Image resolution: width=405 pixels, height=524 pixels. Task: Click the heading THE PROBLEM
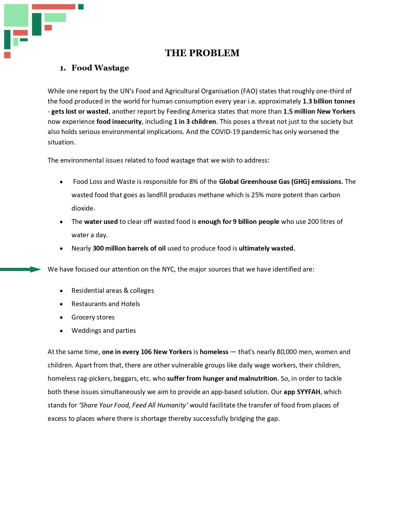coord(202,53)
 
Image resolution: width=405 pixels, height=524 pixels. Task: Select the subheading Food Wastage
coord(100,68)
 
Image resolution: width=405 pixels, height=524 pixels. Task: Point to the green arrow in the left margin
coord(21,270)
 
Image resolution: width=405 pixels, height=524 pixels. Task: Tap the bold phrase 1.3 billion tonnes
coord(329,101)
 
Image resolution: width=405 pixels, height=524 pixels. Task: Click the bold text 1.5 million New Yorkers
coord(319,111)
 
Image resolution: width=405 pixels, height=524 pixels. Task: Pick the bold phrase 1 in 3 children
coord(195,122)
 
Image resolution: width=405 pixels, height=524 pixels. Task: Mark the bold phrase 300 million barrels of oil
coord(129,248)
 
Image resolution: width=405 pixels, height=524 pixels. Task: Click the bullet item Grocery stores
coord(93,317)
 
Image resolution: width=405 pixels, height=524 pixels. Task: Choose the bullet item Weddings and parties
coord(104,331)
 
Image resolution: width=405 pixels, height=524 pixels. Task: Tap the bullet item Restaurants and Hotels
coord(106,304)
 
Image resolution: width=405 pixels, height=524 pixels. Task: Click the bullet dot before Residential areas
coord(61,291)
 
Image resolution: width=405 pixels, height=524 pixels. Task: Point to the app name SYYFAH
coord(308,392)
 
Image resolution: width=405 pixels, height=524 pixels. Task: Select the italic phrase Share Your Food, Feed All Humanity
coord(134,405)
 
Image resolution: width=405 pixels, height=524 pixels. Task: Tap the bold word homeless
coord(214,352)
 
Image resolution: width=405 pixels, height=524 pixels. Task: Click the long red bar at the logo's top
coord(54,7)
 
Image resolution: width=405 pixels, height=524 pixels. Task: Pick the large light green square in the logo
coord(16,15)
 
